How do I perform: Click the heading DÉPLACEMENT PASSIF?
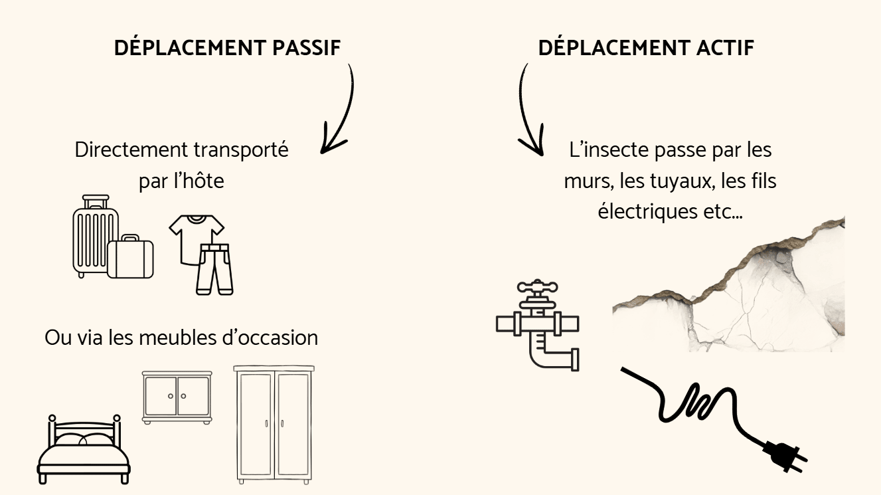[228, 49]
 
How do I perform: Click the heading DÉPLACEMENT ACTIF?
[646, 49]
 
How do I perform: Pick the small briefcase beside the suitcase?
[131, 258]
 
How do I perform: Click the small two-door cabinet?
[176, 397]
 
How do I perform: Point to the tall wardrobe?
[274, 423]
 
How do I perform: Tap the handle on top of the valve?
[534, 287]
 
